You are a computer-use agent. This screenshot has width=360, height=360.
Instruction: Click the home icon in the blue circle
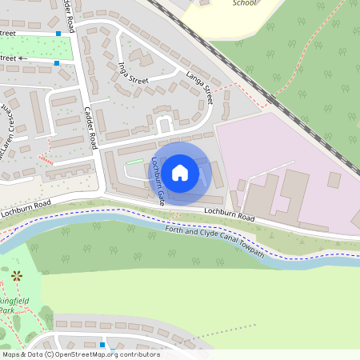179,172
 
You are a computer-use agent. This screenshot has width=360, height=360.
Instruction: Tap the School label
244,3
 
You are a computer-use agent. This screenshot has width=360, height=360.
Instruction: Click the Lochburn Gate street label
158,182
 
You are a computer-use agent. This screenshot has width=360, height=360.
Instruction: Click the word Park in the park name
7,310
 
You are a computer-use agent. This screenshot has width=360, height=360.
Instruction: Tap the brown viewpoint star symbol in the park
17,276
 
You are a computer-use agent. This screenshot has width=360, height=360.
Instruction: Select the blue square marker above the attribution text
102,345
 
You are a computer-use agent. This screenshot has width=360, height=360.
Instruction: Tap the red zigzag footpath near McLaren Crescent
46,153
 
